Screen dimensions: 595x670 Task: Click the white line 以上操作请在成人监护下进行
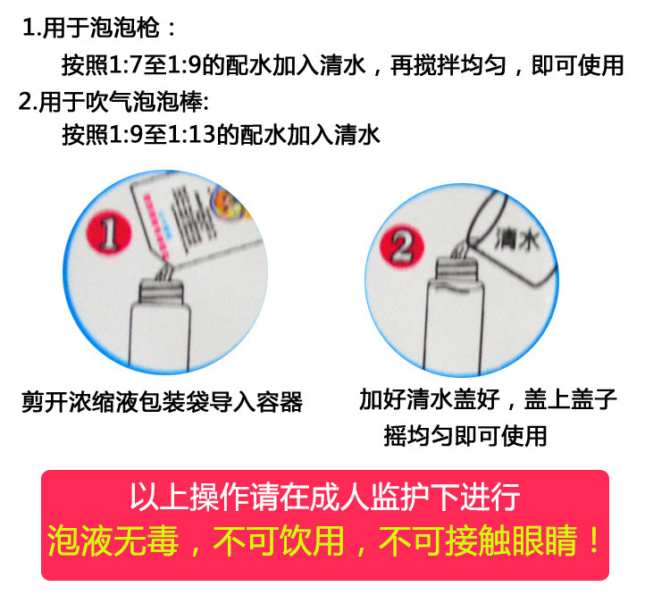[x=325, y=496]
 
